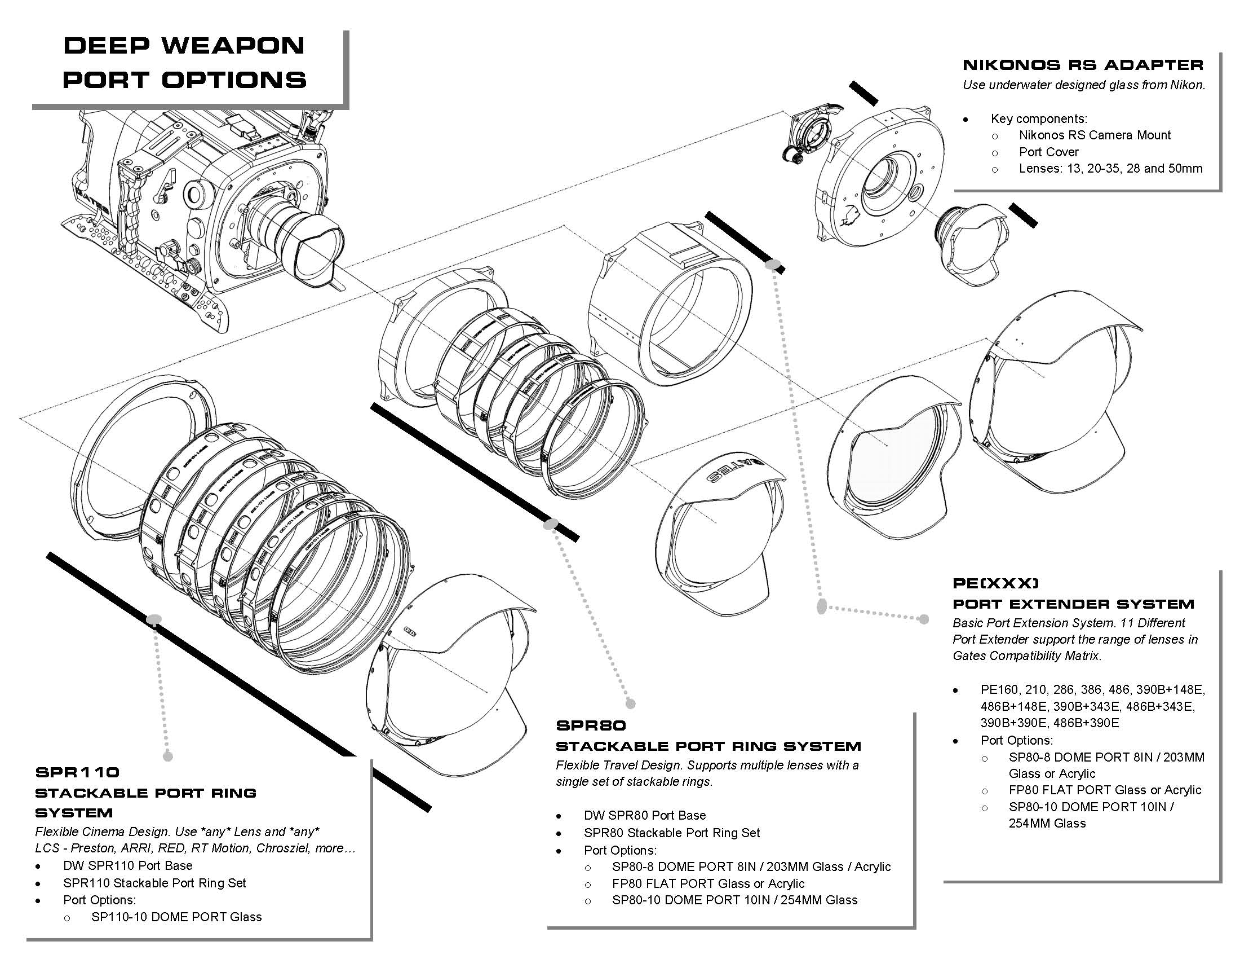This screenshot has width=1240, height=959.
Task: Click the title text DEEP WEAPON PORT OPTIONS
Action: tap(184, 63)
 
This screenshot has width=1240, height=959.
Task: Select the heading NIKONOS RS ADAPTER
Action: tap(1083, 65)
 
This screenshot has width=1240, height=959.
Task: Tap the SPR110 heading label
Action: tap(77, 772)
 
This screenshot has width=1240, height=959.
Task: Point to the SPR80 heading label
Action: tap(591, 725)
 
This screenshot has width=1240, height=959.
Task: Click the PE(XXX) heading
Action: tap(996, 583)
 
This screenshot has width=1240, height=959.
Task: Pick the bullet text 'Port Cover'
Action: tap(1049, 152)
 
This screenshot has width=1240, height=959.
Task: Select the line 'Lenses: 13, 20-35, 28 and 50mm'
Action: tap(1110, 168)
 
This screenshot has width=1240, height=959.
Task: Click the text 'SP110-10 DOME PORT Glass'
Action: tap(176, 916)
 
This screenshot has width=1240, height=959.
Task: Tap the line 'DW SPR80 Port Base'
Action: tap(645, 815)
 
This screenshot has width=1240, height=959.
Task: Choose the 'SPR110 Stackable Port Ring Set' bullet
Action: tap(154, 882)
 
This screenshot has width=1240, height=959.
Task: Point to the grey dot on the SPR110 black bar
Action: tap(154, 619)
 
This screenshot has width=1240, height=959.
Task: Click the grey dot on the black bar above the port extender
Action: tap(773, 264)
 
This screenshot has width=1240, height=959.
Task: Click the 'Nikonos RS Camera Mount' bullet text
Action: tap(1095, 135)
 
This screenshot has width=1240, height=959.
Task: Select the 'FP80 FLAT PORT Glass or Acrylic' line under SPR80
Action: tap(708, 883)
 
